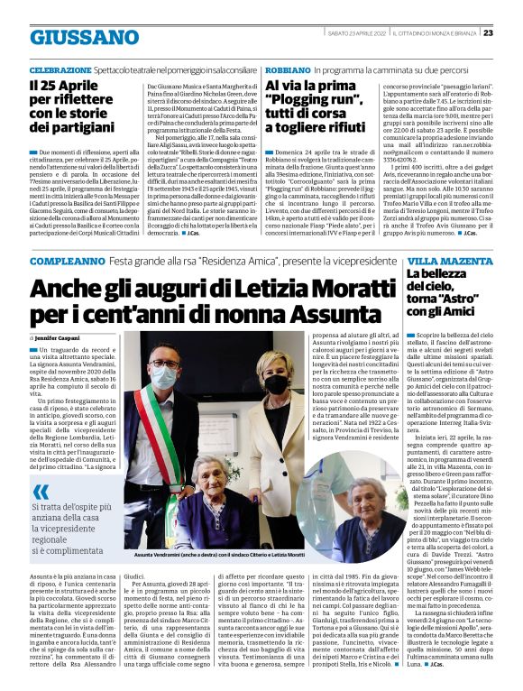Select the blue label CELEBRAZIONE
pos(60,69)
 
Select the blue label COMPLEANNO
pos(64,261)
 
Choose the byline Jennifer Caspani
pos(60,336)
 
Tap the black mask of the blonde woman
pos(275,383)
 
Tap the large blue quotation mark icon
pos(41,492)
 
